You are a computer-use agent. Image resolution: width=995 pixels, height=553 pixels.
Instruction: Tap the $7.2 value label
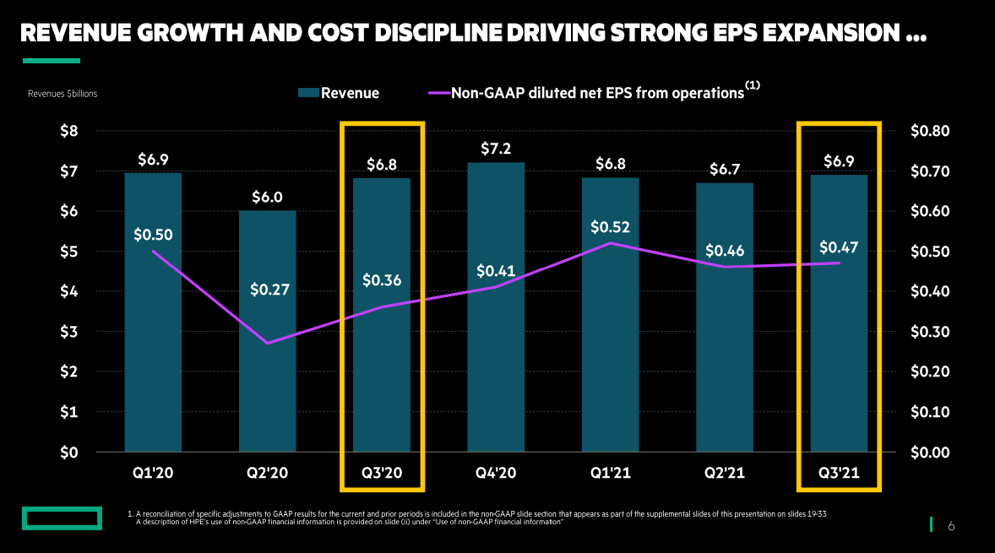pyautogui.click(x=496, y=149)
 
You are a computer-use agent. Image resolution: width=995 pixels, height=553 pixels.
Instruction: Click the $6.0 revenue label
pyautogui.click(x=267, y=197)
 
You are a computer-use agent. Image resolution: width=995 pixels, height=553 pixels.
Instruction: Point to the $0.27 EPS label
pyautogui.click(x=270, y=290)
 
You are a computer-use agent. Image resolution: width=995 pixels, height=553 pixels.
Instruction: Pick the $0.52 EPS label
pyautogui.click(x=610, y=227)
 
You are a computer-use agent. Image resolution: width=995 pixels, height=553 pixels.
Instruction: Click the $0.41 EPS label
pyautogui.click(x=496, y=271)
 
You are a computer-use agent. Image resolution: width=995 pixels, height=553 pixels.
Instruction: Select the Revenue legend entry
pyautogui.click(x=339, y=93)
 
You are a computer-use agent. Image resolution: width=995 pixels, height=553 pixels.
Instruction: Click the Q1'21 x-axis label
pyautogui.click(x=610, y=473)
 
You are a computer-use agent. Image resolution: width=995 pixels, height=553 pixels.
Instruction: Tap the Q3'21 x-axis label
pyautogui.click(x=839, y=473)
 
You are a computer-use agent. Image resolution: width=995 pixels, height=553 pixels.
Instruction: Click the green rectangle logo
pyautogui.click(x=62, y=518)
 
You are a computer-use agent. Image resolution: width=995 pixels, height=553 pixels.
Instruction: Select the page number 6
pyautogui.click(x=950, y=526)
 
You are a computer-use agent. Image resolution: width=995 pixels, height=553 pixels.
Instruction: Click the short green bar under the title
pyautogui.click(x=51, y=61)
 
